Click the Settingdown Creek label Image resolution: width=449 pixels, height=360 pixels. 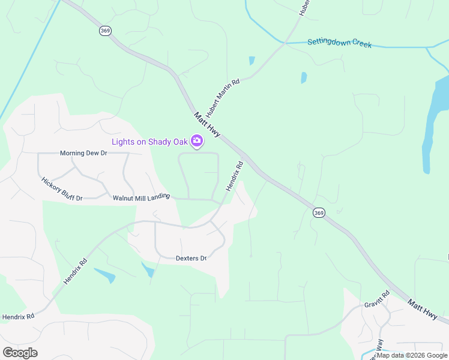click(340, 43)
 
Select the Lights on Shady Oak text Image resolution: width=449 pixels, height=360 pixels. click(149, 142)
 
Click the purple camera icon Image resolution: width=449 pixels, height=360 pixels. click(196, 142)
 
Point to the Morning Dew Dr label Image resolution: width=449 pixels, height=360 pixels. click(83, 153)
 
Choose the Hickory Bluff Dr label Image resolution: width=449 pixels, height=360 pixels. click(62, 188)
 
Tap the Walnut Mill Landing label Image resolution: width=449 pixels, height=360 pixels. click(142, 196)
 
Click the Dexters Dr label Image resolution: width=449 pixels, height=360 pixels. click(191, 259)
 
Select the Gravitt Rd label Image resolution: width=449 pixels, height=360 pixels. click(377, 299)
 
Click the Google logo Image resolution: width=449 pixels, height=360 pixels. click(20, 353)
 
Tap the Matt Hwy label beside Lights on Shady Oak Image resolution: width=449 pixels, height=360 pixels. click(207, 124)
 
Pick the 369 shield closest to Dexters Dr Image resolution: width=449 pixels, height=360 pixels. click(319, 213)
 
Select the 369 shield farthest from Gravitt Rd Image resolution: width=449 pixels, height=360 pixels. click(104, 31)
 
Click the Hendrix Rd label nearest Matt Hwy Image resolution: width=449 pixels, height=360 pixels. click(235, 176)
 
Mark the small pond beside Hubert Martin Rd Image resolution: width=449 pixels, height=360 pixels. click(252, 61)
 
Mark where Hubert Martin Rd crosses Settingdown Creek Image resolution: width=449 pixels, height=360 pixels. click(284, 43)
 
